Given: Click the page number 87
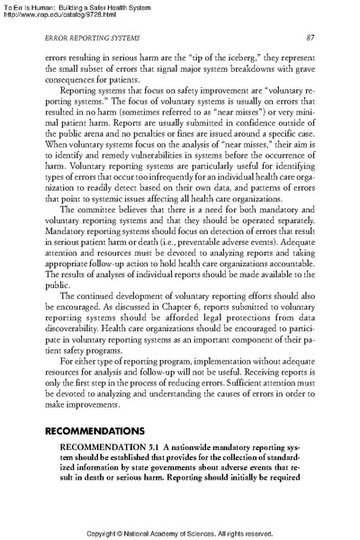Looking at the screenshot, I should click(x=309, y=36).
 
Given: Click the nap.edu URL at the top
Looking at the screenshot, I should click(x=61, y=13).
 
